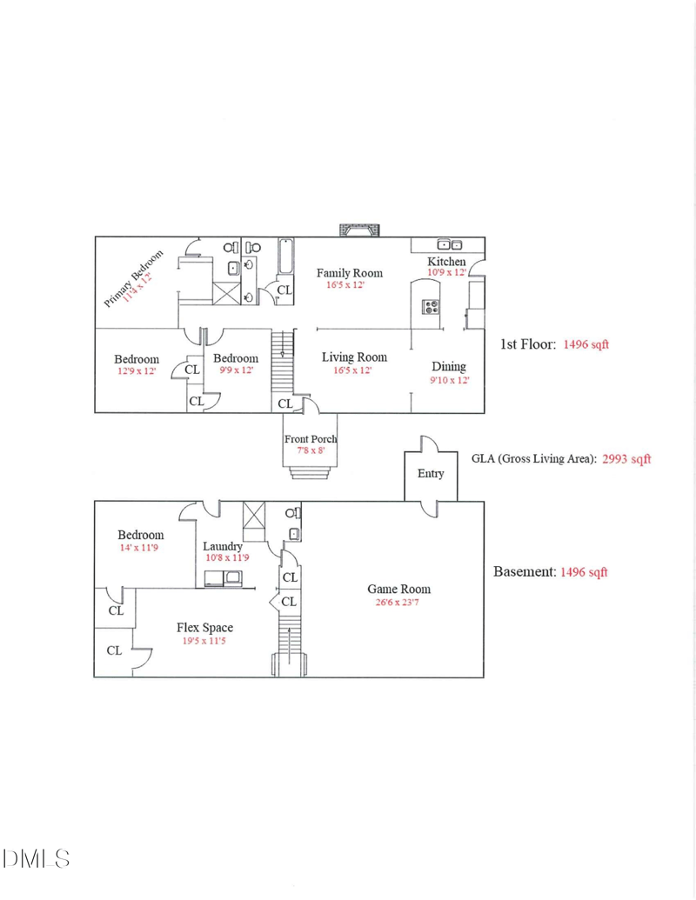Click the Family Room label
pos(349,272)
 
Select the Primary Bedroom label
pos(134,279)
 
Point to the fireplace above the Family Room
pos(359,230)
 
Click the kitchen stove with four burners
pos(431,306)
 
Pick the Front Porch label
pos(311,439)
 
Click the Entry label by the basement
pos(431,473)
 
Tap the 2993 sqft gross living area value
pos(626,458)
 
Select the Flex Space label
pos(204,628)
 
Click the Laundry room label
pos(224,546)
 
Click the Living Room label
pos(354,357)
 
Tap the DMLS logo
pos(36,860)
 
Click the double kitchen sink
pos(449,244)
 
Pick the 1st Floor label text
pos(526,344)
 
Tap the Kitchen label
pos(446,262)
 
